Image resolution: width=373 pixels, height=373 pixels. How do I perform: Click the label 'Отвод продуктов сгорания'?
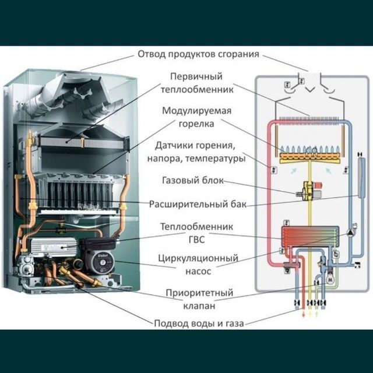pos(198,55)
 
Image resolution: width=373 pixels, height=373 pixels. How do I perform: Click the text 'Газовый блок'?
pos(192,181)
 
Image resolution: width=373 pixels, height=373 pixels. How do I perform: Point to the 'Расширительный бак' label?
pos(198,204)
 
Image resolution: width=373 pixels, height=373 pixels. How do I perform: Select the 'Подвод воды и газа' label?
pos(198,323)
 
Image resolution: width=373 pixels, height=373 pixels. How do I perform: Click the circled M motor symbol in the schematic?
pos(331,278)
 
